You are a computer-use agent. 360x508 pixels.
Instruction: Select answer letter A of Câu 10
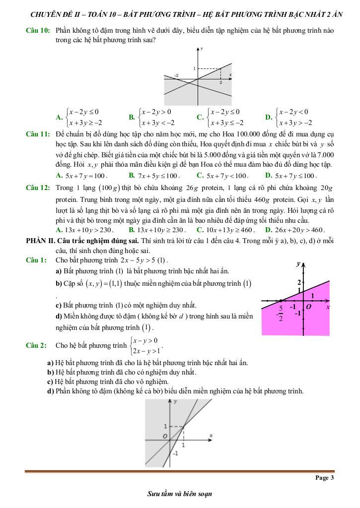59,118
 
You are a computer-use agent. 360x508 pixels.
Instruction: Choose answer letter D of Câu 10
268,118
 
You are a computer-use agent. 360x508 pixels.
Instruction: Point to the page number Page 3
325,478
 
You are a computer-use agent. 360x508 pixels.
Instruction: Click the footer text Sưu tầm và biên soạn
180,494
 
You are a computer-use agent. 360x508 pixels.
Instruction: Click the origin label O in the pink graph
308,308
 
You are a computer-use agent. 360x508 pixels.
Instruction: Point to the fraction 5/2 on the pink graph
281,313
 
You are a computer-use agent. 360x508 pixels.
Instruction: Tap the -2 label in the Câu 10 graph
176,75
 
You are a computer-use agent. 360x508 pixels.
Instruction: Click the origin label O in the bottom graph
165,437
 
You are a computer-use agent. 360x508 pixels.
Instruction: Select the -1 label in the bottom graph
175,453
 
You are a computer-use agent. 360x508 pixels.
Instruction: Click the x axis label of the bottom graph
211,435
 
